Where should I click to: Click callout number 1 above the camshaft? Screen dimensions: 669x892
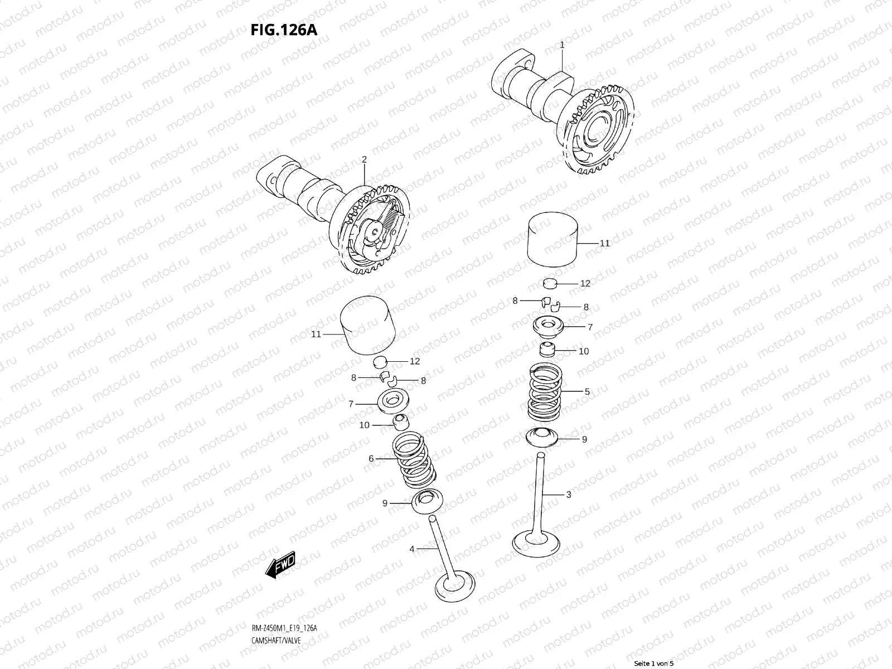[x=562, y=45]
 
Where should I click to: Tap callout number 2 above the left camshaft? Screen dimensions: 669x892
[x=364, y=159]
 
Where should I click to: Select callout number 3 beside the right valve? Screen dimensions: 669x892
[x=568, y=495]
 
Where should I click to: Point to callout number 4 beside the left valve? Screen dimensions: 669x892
[x=412, y=549]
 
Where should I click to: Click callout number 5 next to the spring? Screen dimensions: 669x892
[x=586, y=392]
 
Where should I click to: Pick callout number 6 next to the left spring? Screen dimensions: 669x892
[x=371, y=459]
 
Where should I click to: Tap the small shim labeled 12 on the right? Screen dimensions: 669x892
[x=551, y=284]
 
